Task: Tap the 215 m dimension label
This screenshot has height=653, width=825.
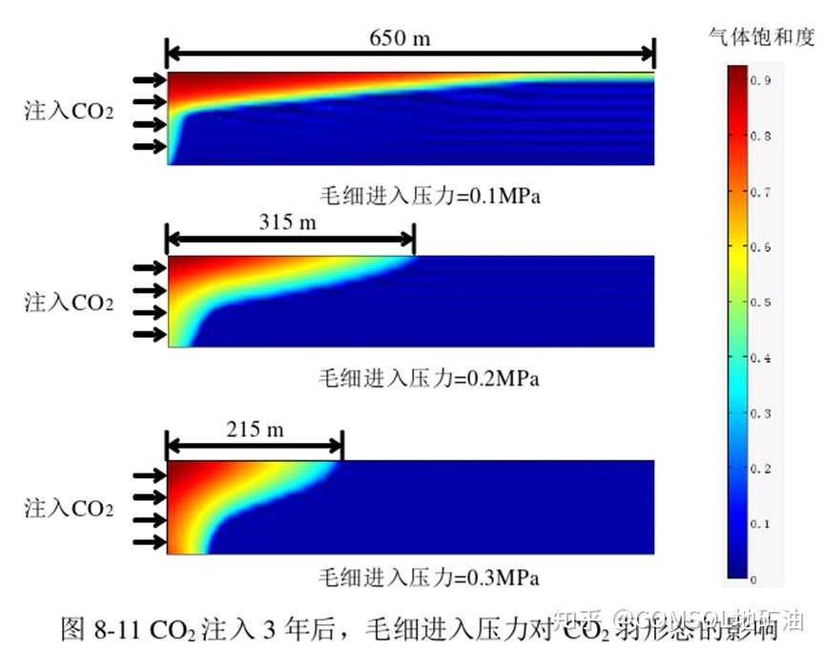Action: pos(255,429)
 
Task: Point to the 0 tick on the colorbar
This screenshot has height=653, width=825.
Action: pos(753,579)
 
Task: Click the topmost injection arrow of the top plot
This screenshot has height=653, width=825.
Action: pos(149,80)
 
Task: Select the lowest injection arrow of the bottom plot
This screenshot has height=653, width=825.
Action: pos(149,543)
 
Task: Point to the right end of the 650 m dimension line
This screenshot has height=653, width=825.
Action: pos(654,53)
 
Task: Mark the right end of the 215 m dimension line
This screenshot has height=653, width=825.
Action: pos(341,445)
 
